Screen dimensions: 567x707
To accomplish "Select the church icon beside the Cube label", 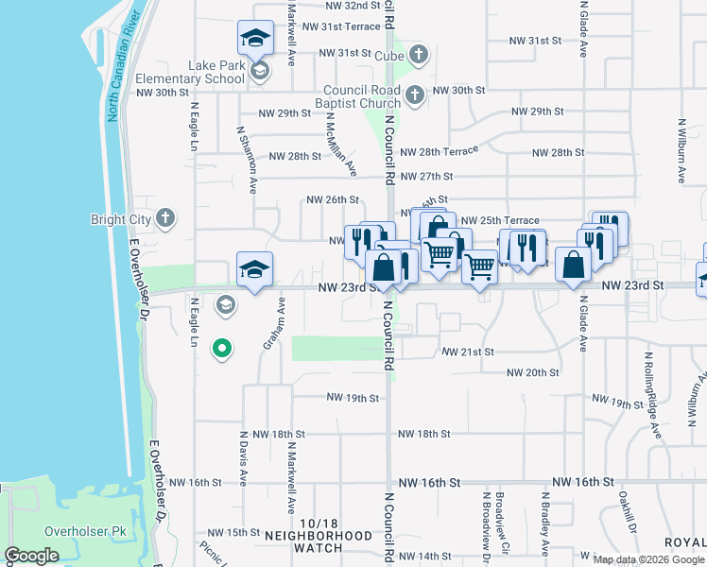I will tap(416, 57).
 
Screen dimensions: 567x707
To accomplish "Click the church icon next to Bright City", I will tap(165, 219).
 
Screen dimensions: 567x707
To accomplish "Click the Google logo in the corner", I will tap(32, 556).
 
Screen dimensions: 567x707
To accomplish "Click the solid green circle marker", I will tap(222, 350).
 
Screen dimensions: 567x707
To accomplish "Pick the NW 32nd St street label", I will tap(339, 5).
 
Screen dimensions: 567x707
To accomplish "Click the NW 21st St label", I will tap(468, 352).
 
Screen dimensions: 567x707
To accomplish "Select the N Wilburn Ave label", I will tap(681, 151).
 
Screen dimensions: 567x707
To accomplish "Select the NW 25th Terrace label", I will tap(500, 220).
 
